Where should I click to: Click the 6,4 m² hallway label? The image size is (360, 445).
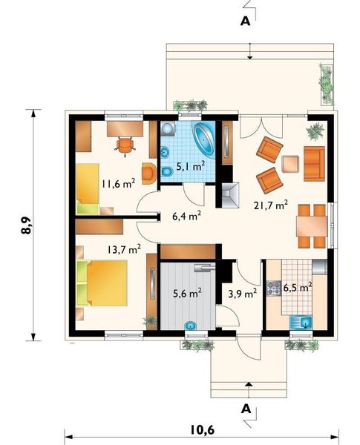[186, 217]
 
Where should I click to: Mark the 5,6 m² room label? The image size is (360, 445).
[186, 293]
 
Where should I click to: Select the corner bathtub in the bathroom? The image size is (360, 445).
[204, 140]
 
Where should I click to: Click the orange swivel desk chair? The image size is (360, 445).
[126, 145]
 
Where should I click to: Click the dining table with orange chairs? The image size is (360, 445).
[310, 226]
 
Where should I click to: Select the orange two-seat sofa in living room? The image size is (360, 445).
[314, 164]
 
